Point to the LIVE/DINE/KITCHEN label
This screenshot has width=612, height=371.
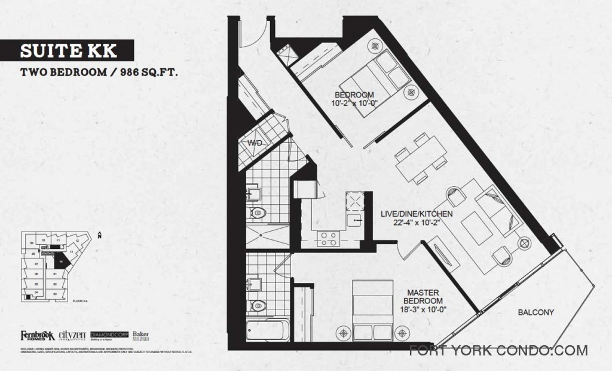click(x=417, y=214)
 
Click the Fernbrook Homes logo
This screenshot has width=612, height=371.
click(x=37, y=335)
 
